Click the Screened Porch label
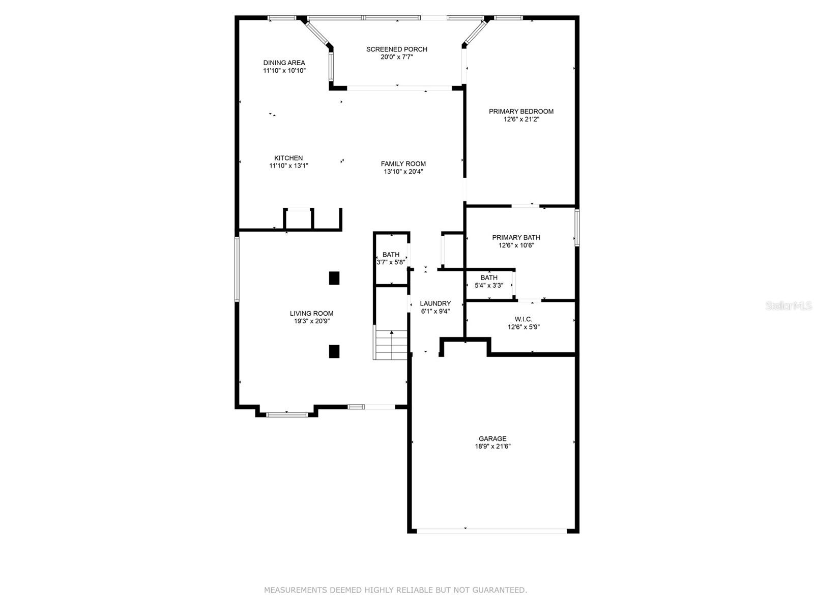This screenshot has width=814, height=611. (396, 49)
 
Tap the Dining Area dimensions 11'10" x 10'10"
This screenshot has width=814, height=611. (284, 71)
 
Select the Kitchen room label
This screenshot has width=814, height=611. (288, 158)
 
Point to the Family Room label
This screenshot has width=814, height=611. (403, 164)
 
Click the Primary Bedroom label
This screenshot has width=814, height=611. (521, 112)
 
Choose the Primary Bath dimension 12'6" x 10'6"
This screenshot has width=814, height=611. (516, 245)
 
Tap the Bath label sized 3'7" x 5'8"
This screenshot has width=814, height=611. (391, 255)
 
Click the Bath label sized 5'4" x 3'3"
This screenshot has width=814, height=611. (488, 278)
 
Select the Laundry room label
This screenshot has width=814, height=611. (435, 303)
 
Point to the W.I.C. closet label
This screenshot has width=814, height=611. (523, 319)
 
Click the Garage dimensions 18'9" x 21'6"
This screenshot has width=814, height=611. (492, 447)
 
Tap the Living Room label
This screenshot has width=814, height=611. (311, 314)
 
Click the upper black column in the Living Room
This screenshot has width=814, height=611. (334, 278)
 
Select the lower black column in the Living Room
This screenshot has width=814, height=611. (334, 351)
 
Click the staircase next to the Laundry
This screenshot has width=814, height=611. (391, 345)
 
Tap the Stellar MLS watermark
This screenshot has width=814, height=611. (789, 306)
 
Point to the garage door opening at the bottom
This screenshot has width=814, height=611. (491, 531)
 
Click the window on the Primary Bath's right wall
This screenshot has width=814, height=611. (577, 228)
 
